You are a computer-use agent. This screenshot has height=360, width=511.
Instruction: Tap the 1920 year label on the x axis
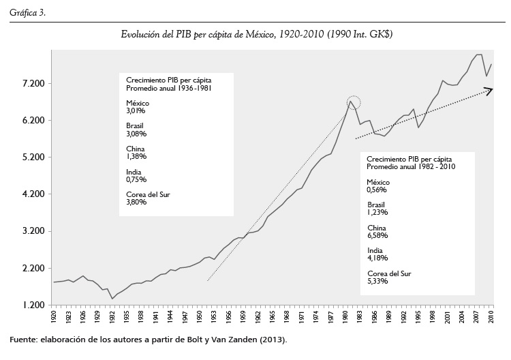(55, 316)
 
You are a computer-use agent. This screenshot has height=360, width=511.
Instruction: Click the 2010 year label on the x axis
(491, 316)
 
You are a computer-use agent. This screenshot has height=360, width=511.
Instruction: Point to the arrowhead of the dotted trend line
(489, 89)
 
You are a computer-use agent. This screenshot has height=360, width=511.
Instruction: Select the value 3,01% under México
(136, 110)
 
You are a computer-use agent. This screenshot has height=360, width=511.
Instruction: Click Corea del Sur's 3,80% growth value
(136, 202)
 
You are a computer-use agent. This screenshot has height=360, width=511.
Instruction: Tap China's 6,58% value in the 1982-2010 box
(377, 235)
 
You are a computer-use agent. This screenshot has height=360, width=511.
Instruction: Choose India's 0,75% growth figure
(136, 179)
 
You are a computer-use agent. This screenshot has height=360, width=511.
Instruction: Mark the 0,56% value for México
(377, 190)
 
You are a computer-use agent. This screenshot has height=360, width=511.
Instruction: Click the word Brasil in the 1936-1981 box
(135, 125)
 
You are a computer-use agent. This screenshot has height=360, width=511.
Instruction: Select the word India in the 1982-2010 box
(374, 251)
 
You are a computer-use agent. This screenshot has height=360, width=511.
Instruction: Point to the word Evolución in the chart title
(138, 33)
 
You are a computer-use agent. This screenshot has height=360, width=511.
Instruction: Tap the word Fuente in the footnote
(23, 340)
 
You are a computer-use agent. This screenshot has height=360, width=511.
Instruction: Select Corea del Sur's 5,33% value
(377, 282)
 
